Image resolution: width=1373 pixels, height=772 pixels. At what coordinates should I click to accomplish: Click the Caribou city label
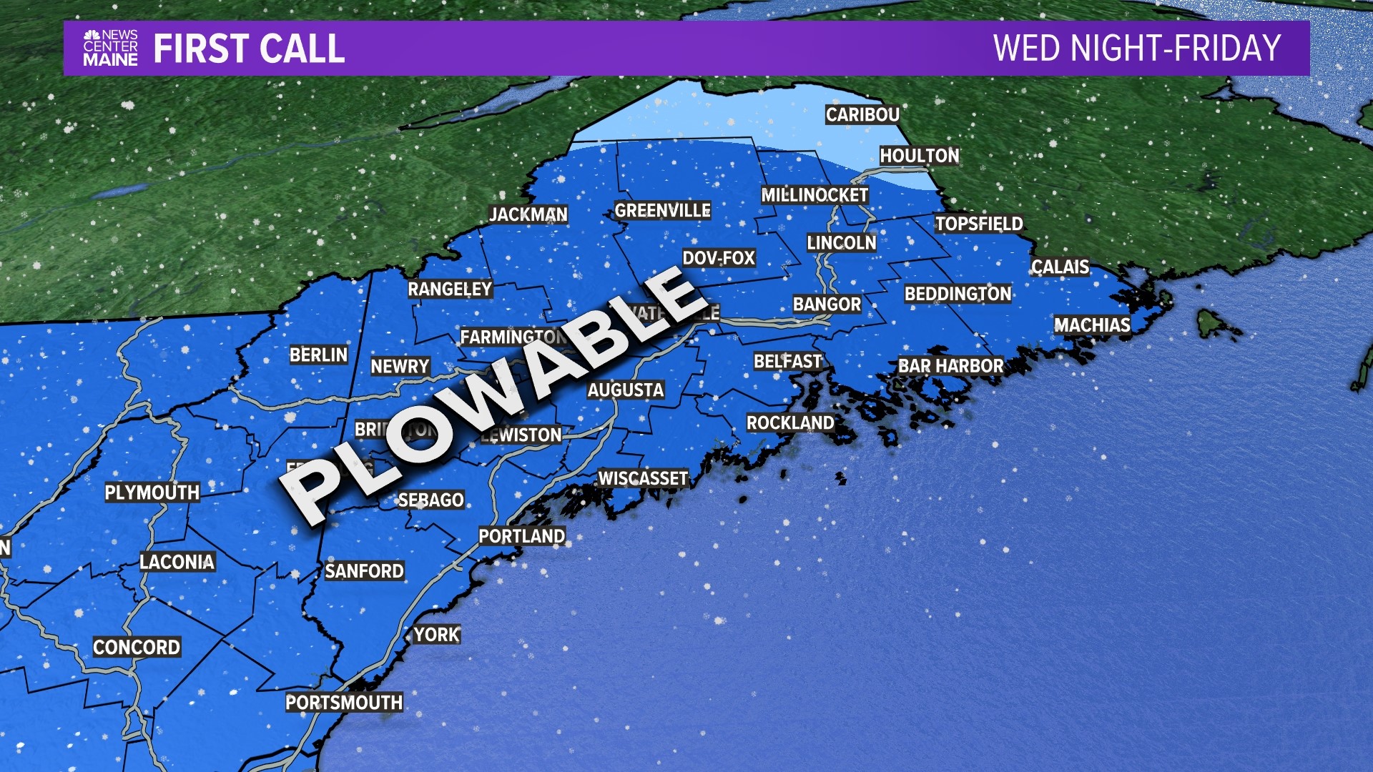[x=862, y=114]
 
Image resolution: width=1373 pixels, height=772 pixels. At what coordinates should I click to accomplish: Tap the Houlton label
[x=919, y=156]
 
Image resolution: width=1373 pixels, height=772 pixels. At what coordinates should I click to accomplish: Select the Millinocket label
[x=815, y=195]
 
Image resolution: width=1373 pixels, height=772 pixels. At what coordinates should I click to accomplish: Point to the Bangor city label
[x=827, y=305]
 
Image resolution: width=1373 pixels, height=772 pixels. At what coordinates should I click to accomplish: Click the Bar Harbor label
[x=950, y=366]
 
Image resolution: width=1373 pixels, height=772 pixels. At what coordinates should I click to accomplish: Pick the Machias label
[x=1092, y=325]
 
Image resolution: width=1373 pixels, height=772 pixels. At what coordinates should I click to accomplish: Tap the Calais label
[x=1060, y=267]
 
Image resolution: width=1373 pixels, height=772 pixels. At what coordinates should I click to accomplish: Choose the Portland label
[x=521, y=536]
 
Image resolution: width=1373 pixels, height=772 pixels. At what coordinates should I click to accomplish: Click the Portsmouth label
[x=344, y=703]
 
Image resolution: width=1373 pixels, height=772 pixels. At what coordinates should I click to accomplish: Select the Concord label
[x=137, y=647]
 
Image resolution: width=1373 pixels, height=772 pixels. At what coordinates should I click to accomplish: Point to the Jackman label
[x=528, y=214]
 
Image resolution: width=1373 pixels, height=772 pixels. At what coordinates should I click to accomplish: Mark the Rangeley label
[x=450, y=289]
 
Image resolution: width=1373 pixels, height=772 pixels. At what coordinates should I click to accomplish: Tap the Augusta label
[x=626, y=390]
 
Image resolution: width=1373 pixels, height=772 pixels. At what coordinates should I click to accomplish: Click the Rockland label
[x=790, y=423]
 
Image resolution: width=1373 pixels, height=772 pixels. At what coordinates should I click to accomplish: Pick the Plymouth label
[x=152, y=493]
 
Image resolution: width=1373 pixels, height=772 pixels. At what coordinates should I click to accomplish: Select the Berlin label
[x=318, y=355]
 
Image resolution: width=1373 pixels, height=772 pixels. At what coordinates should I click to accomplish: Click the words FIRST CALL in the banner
[x=249, y=49]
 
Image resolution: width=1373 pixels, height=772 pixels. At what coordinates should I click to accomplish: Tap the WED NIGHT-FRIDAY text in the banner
[x=1137, y=49]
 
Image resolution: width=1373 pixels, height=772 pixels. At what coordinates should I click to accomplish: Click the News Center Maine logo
[x=110, y=49]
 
